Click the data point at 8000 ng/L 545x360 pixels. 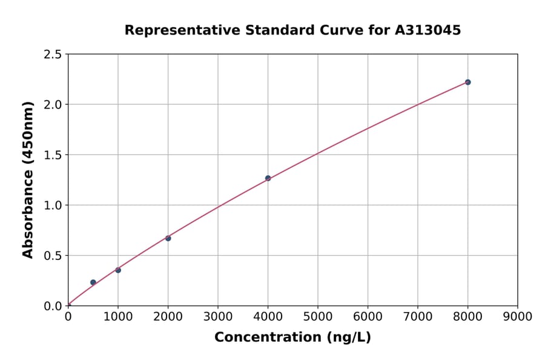(x=467, y=82)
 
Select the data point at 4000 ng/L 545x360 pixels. (x=268, y=178)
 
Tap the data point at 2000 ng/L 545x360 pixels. (x=168, y=238)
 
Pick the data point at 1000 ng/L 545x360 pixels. (x=118, y=270)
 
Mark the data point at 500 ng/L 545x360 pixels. (x=93, y=282)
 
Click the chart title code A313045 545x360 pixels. (x=429, y=30)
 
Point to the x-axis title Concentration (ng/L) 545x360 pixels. (x=292, y=338)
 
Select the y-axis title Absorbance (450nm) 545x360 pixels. (x=28, y=179)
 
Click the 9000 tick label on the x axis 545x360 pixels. (x=517, y=316)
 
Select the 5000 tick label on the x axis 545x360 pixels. (x=317, y=316)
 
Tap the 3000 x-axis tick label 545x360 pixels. (x=217, y=316)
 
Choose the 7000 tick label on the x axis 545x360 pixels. (x=417, y=316)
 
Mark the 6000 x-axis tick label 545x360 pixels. (x=368, y=316)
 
